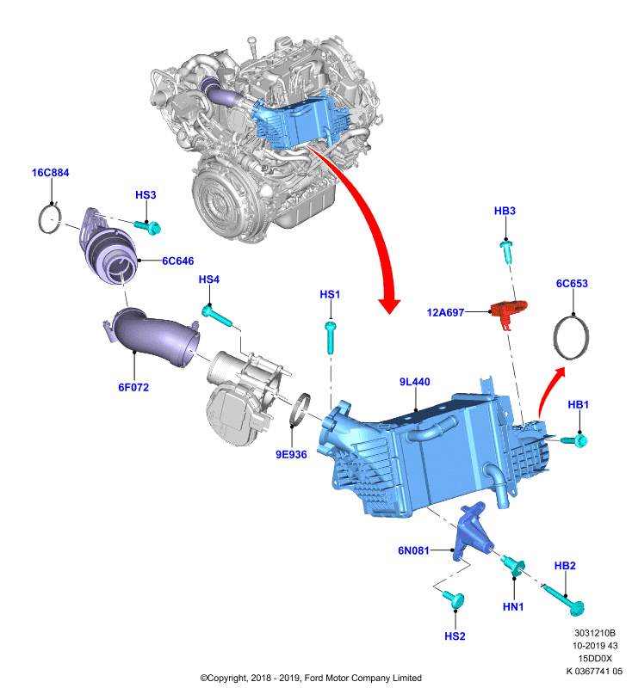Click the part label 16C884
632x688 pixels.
tap(50, 173)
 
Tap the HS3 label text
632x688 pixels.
tap(146, 195)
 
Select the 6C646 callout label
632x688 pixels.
tap(178, 261)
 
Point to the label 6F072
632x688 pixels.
tap(133, 388)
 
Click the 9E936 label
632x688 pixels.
tap(291, 455)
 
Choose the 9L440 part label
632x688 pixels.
tap(415, 382)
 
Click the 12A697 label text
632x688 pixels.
tap(445, 313)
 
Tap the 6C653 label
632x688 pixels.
tap(572, 284)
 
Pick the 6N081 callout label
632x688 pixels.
tap(413, 550)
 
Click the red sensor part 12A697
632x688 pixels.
tap(508, 310)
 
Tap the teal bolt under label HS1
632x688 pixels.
tap(331, 337)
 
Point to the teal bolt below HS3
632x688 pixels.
tap(148, 227)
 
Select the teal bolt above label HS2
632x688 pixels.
tap(454, 598)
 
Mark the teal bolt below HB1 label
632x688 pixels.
tap(575, 439)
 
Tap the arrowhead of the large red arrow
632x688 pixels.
tap(389, 306)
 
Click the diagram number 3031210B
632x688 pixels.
tap(595, 633)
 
